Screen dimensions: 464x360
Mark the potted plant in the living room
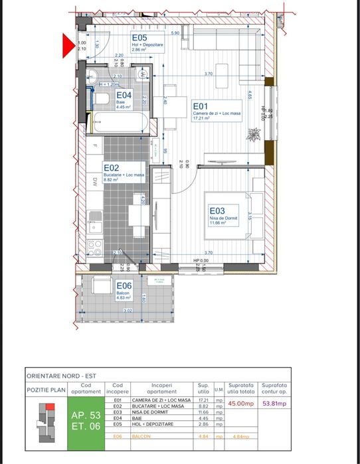click(254, 134)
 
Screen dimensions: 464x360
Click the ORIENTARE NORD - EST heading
click(61, 376)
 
